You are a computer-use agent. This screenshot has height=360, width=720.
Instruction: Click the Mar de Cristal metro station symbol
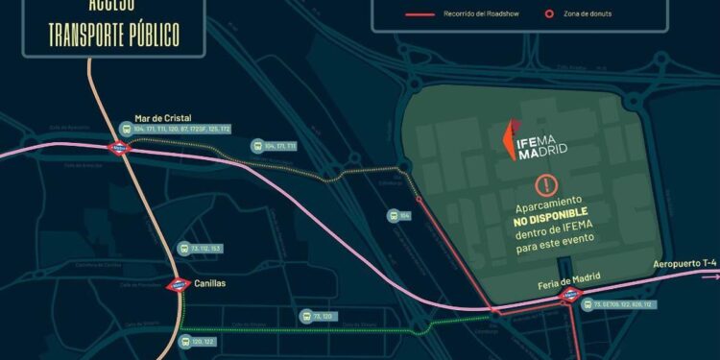coord(120,149)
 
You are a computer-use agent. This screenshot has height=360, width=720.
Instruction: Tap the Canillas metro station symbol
coord(179,285)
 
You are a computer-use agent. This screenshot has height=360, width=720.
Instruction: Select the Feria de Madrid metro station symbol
coord(572,294)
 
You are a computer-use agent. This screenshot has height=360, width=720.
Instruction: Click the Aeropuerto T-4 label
coord(684,262)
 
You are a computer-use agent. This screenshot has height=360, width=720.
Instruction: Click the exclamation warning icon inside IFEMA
coord(546,184)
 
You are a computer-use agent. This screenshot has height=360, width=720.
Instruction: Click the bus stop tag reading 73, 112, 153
coord(201,249)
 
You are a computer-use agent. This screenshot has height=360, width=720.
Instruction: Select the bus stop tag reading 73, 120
coord(321,316)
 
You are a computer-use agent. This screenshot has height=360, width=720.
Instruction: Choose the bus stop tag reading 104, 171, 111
coord(274,146)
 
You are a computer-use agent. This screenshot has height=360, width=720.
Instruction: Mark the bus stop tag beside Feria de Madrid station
coord(623,304)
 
